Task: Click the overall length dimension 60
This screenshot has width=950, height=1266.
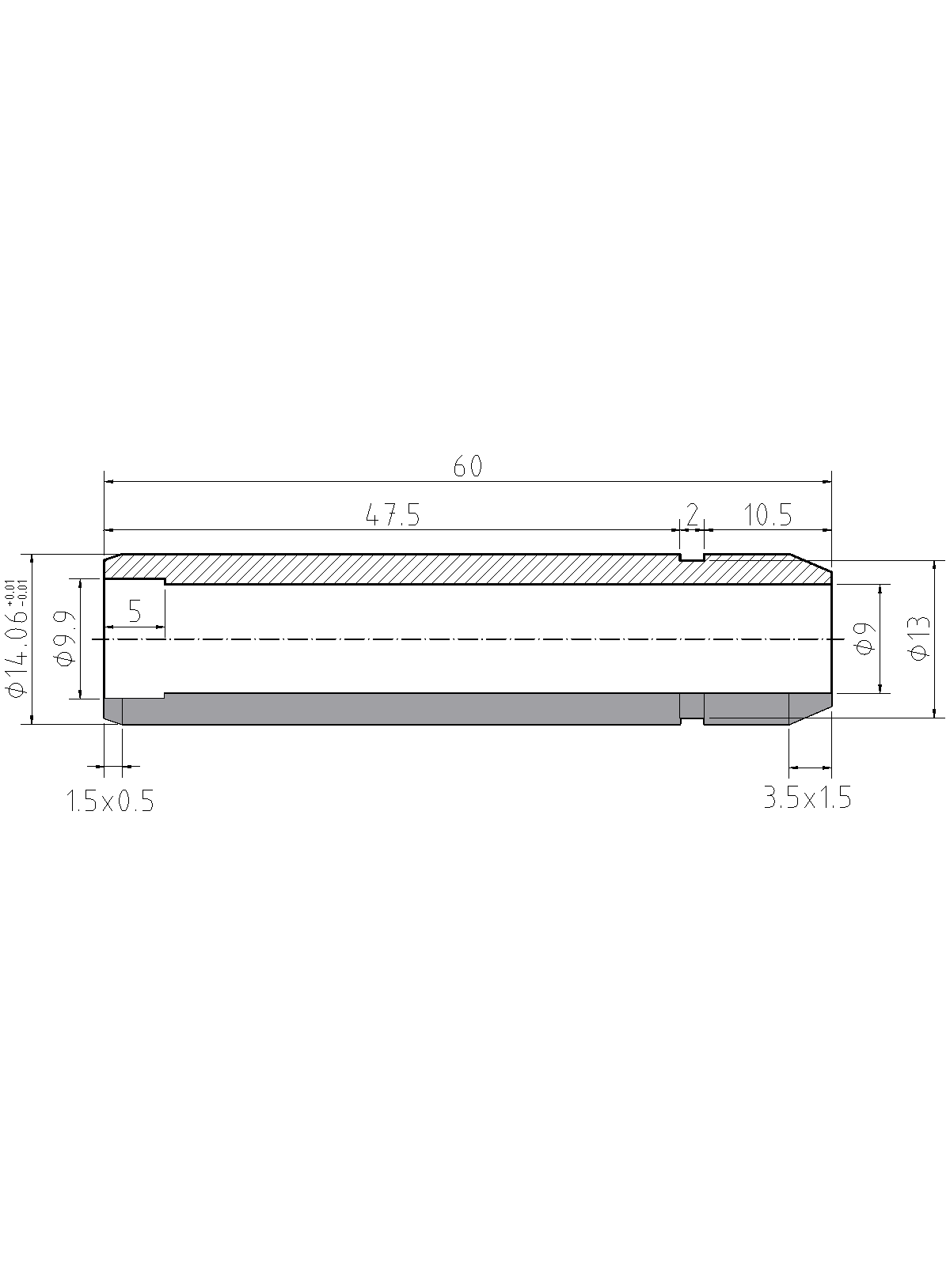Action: [x=467, y=466]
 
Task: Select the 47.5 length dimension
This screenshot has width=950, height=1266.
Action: [x=393, y=515]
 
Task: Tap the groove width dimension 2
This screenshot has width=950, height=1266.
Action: [x=692, y=512]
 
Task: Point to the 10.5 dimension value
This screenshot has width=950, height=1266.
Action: [x=767, y=515]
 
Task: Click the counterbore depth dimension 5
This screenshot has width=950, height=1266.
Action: [x=135, y=611]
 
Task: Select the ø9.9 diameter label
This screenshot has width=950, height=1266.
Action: [x=67, y=639]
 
